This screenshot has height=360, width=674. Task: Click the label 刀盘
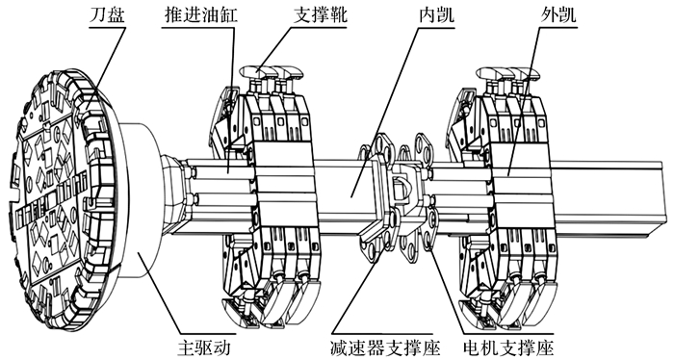coord(107,15)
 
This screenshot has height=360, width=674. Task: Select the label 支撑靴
coord(320,15)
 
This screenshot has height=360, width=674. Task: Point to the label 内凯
coord(436,15)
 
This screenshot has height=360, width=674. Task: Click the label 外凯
coord(557,15)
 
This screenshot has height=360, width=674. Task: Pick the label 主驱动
coord(204,347)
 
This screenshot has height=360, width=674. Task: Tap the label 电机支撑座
coord(508,347)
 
